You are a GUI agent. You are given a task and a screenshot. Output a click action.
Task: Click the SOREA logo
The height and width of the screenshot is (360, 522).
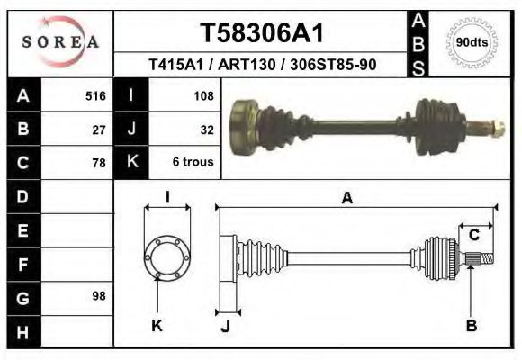coord(60,42)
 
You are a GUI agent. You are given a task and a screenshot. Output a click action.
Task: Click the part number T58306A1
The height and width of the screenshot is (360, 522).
coord(261,33)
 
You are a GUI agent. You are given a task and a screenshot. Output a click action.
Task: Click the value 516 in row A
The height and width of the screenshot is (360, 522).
coord(95,95)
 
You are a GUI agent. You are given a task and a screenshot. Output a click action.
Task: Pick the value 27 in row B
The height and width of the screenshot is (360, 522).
coord(99,129)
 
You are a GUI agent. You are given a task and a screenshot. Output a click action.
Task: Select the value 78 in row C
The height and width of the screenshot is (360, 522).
coord(99,163)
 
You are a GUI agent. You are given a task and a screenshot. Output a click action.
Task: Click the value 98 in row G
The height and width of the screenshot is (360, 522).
coord(99,296)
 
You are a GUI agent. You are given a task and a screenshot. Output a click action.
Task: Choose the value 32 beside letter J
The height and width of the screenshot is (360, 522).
coord(206,129)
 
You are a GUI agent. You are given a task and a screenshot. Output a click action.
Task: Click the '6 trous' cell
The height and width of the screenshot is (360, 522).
coord(193,163)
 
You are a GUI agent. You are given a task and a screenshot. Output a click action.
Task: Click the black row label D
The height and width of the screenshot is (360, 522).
coord(23,196)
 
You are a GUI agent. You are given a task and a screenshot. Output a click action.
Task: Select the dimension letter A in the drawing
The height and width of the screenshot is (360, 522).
coord(346,199)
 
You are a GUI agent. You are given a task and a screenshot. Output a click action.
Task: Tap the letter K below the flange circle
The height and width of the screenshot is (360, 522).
coord(157,325)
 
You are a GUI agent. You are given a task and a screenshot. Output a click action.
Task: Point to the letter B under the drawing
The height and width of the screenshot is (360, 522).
coord(471,325)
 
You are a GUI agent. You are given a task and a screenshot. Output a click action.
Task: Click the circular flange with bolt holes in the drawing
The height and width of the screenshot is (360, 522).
coord(166,256)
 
